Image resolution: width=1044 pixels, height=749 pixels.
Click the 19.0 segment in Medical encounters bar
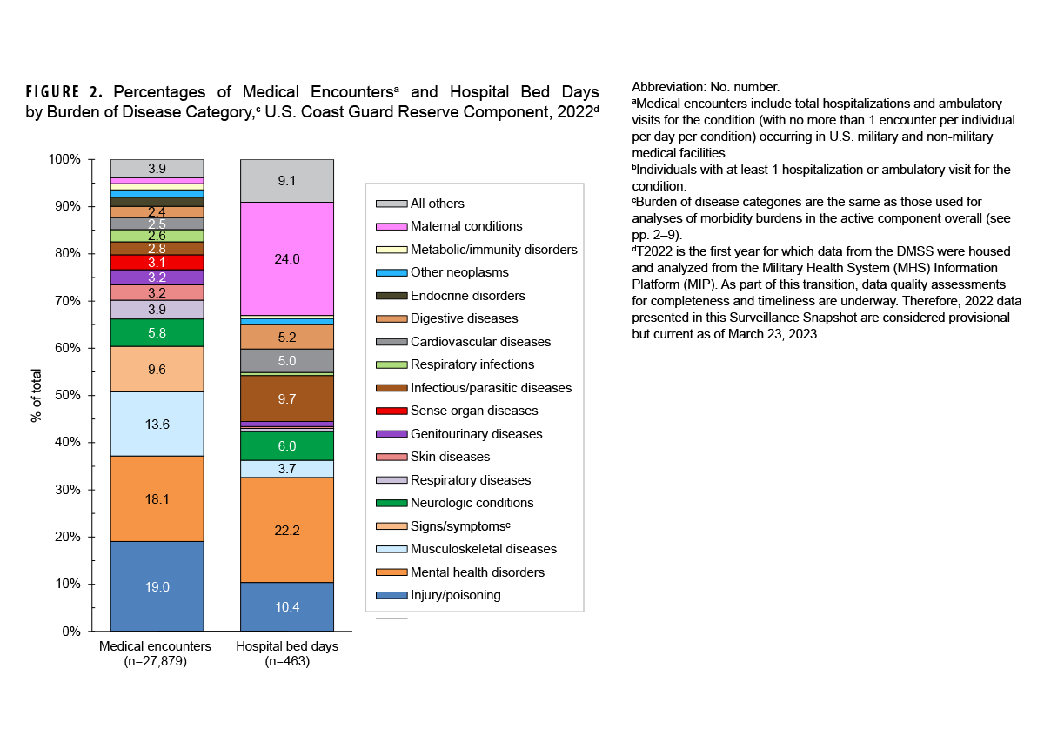point(157,586)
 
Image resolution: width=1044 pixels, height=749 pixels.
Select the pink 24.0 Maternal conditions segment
point(286,259)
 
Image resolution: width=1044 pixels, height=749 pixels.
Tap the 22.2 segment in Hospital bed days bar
point(286,530)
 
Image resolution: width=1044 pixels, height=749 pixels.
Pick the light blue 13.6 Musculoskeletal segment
point(157,424)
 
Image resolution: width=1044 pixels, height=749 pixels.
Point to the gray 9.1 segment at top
point(286,181)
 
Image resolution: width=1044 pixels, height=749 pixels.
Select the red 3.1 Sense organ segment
point(157,262)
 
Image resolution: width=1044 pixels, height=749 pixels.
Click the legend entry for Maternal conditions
point(465,226)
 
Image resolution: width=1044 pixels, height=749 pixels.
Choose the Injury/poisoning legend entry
point(455,595)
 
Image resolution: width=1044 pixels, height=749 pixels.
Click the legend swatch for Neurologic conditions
point(391,503)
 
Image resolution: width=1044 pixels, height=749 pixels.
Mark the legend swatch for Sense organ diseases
point(391,411)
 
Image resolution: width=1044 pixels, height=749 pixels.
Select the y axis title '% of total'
point(37,395)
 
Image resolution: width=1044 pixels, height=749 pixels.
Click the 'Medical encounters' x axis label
point(155,646)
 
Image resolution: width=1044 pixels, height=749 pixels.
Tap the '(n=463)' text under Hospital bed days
point(287,661)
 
